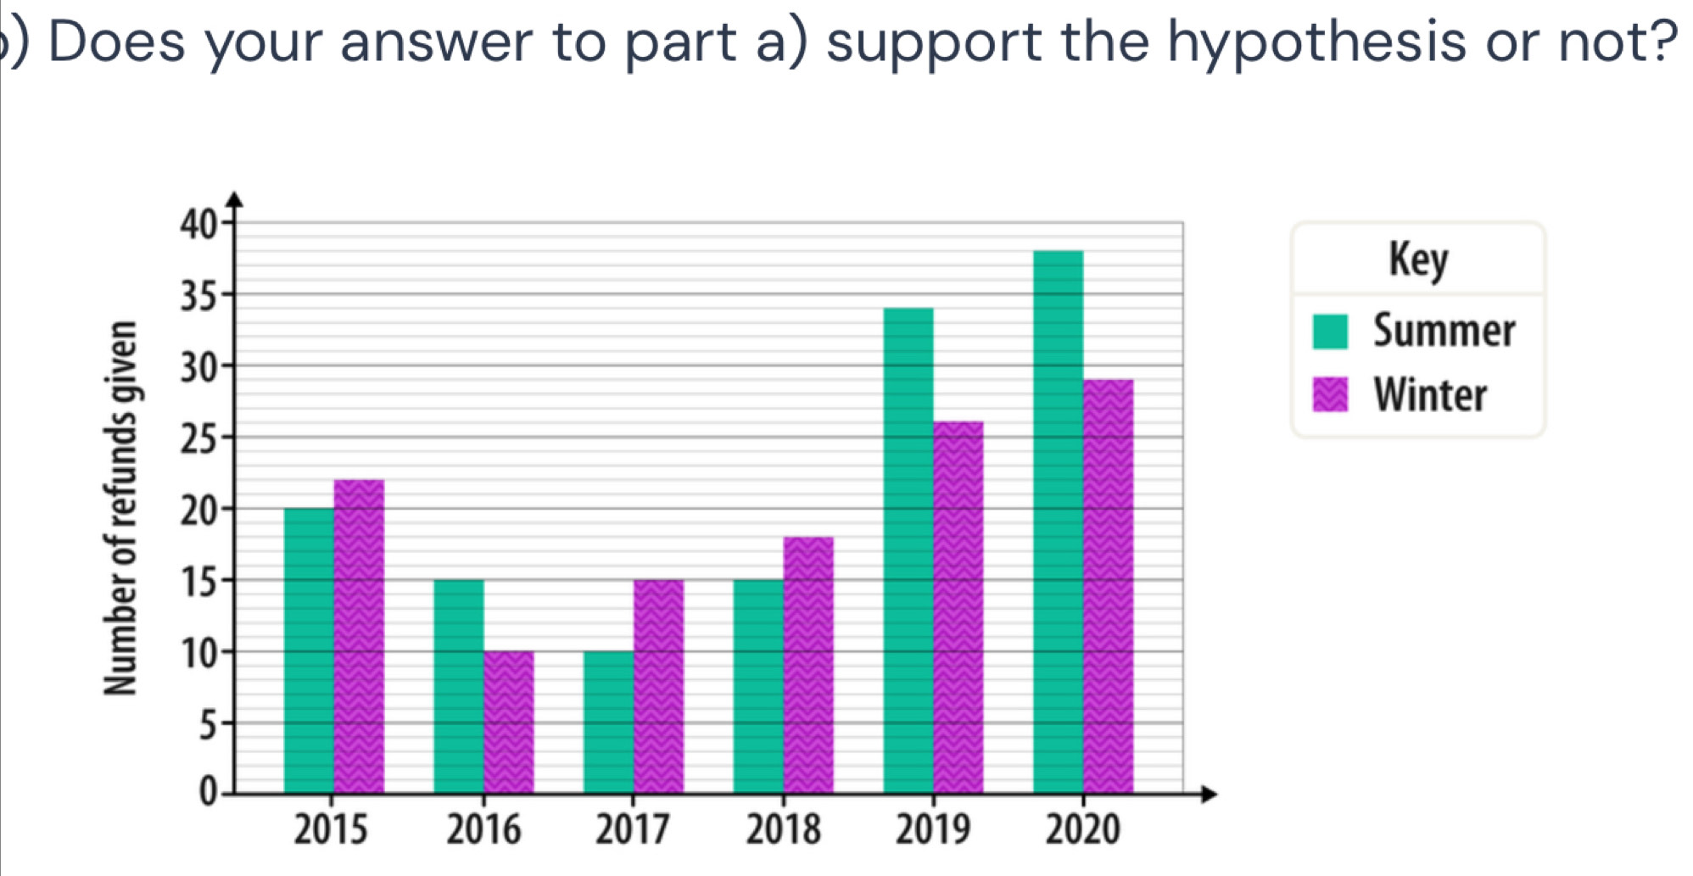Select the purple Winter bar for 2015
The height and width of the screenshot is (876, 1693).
(x=359, y=636)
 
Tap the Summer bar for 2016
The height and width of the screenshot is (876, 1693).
(x=459, y=686)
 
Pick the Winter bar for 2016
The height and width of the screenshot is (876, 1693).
(x=509, y=722)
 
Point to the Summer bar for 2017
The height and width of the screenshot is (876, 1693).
(x=609, y=722)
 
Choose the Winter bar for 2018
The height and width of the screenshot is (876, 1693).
(x=808, y=665)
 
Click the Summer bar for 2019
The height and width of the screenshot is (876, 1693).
(x=908, y=550)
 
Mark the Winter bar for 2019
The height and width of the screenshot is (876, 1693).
(x=958, y=607)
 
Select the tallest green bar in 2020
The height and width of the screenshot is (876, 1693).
(x=1059, y=522)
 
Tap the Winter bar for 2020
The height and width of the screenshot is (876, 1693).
(x=1109, y=586)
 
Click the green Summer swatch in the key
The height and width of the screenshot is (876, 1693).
(x=1330, y=331)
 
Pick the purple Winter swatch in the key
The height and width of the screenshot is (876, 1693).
(x=1330, y=394)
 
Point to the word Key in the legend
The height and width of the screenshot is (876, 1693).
(x=1418, y=259)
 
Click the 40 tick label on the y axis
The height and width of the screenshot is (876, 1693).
(x=198, y=225)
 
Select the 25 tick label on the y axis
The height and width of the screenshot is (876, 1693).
(x=198, y=438)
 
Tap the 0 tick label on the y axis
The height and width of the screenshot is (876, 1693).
(x=207, y=793)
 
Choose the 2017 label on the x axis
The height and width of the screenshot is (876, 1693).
(x=633, y=829)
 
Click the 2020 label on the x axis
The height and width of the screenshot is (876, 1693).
(x=1082, y=829)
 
